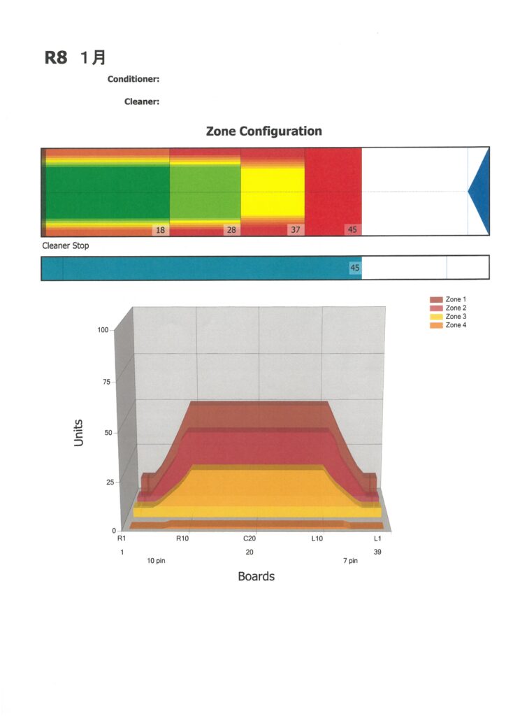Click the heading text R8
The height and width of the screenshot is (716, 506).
(56, 57)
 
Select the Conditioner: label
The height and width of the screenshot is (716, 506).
(133, 80)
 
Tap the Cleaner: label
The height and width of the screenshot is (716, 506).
(142, 102)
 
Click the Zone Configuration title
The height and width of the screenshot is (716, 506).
(263, 131)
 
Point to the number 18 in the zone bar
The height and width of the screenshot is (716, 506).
(160, 230)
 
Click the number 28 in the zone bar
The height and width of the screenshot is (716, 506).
(231, 230)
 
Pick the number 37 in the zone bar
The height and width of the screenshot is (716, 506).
(295, 230)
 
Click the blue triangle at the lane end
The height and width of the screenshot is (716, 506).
(480, 191)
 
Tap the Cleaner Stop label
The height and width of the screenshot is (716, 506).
(66, 246)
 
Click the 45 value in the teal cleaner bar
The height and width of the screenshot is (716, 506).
(354, 268)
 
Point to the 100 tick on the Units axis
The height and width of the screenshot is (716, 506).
(103, 329)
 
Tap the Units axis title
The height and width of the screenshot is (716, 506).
(79, 433)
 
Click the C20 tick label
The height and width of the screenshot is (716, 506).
(250, 538)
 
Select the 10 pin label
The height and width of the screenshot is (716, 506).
(156, 561)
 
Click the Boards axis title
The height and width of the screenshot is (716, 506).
(256, 577)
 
